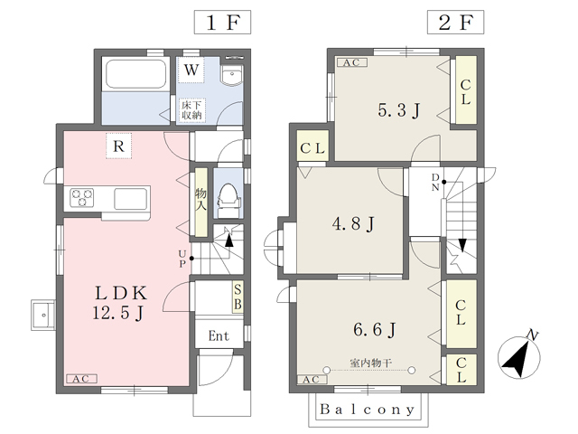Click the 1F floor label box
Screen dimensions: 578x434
223,22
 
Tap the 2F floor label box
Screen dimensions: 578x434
455,22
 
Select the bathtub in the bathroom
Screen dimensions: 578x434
135,74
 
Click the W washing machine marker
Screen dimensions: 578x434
191,70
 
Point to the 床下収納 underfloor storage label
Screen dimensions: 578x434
191,110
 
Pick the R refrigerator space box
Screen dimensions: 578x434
118,146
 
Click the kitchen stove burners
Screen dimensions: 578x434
82,198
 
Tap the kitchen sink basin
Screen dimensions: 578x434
131,199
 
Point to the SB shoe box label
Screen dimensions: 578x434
238,297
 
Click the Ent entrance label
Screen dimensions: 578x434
219,335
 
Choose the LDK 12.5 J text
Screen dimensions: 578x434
120,303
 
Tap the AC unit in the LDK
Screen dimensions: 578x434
82,379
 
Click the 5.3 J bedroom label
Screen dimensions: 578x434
399,110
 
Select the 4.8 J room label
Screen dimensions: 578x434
354,223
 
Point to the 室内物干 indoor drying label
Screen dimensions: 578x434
370,363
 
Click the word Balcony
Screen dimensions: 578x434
368,410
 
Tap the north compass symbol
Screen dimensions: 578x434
519,355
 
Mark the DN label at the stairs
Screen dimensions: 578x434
435,183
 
